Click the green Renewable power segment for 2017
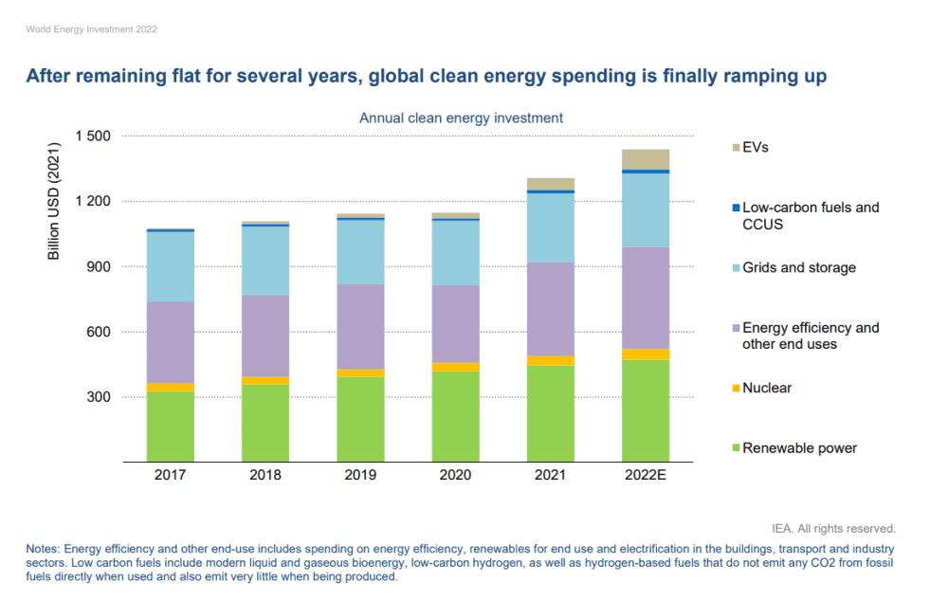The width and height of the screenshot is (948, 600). (171, 427)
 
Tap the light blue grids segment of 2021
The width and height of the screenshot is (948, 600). (551, 227)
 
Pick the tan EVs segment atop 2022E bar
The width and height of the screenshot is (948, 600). (646, 159)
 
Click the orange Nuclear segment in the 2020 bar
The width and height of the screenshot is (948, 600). (456, 367)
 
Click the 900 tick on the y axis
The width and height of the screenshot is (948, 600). (99, 267)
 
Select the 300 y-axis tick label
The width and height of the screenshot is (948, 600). (99, 398)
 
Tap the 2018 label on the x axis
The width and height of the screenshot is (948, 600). (265, 476)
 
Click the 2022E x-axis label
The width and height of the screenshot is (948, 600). (646, 476)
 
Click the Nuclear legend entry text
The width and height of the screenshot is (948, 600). (767, 388)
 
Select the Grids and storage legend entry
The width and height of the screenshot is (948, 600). (799, 267)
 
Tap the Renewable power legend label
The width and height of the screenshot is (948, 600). (799, 448)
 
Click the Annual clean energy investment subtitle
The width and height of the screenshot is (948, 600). (461, 118)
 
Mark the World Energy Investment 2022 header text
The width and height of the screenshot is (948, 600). (91, 29)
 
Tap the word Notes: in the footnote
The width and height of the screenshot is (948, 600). (44, 550)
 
